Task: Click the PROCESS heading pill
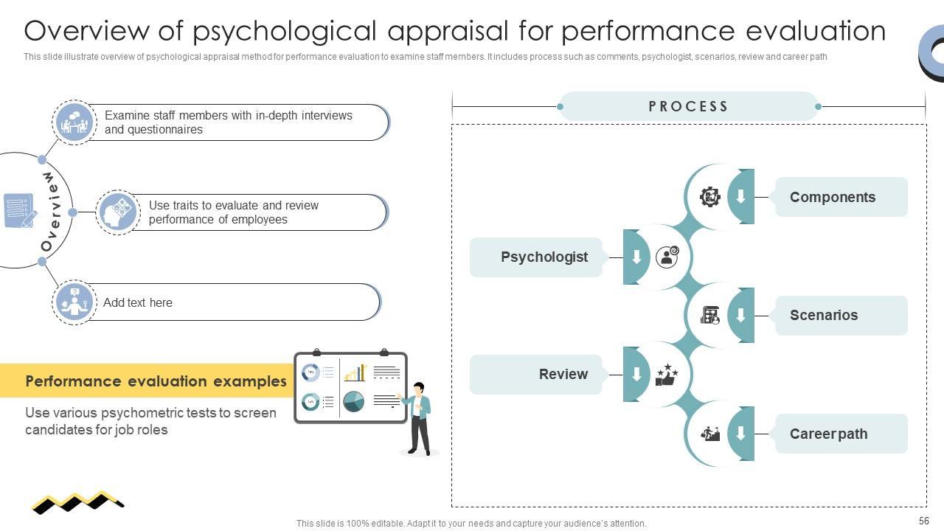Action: point(689,106)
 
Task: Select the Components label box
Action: point(841,197)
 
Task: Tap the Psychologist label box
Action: point(536,257)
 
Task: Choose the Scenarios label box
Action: point(841,316)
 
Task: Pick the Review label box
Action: point(536,374)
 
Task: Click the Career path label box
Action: point(841,434)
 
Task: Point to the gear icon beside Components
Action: point(710,197)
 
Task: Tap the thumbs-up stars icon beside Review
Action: point(667,375)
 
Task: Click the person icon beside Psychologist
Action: point(667,257)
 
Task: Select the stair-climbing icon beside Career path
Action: point(710,434)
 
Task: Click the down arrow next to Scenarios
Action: point(740,315)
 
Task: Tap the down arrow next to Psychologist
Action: point(636,257)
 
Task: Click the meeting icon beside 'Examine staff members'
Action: point(74,122)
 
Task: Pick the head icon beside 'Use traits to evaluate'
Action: point(118,212)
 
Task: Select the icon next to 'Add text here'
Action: point(74,302)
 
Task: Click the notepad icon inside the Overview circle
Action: point(20,210)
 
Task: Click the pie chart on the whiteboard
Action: point(353,401)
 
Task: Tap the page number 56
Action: point(924,521)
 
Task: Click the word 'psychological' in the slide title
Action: point(285,31)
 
